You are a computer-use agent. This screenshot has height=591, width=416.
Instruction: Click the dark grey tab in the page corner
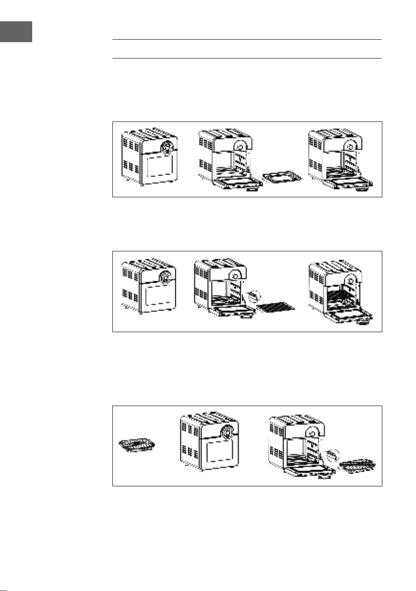16,32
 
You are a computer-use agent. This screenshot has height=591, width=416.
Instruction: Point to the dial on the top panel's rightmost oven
353,144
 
